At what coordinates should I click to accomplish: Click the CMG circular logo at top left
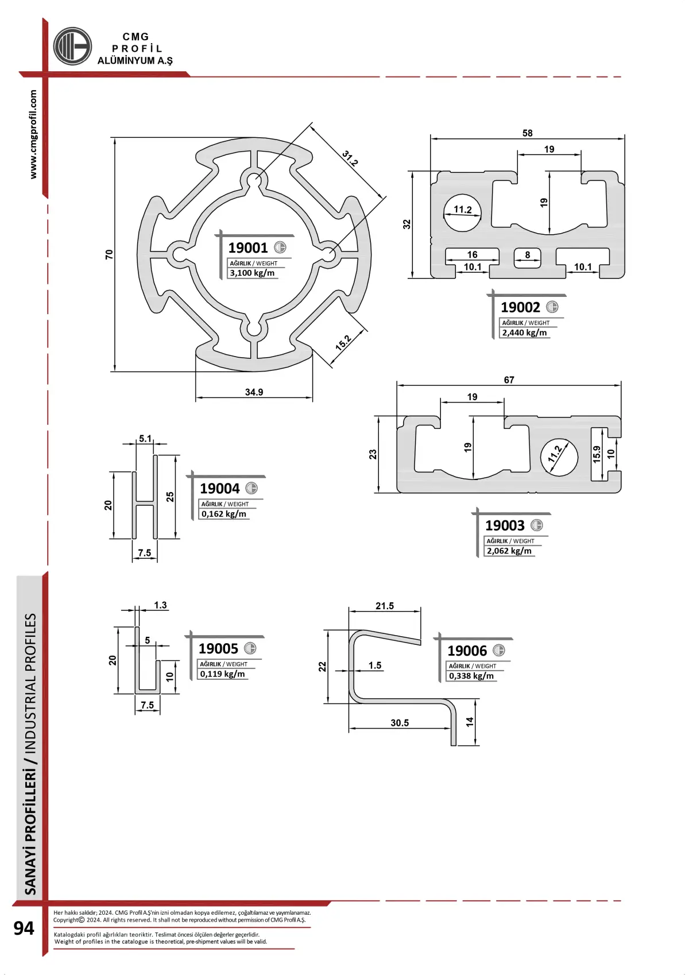tap(72, 46)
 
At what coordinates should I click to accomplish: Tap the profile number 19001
tap(247, 247)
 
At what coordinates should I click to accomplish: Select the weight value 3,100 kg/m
tap(252, 273)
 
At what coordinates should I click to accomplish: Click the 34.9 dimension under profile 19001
tap(254, 392)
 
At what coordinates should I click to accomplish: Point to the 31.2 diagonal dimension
tap(350, 158)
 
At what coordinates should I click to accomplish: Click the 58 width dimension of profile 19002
tap(527, 133)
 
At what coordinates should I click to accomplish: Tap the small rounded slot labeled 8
tap(527, 258)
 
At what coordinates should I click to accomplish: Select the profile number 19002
tap(520, 307)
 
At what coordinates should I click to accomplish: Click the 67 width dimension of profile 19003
tap(509, 380)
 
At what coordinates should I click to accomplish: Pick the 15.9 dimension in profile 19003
tap(597, 454)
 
